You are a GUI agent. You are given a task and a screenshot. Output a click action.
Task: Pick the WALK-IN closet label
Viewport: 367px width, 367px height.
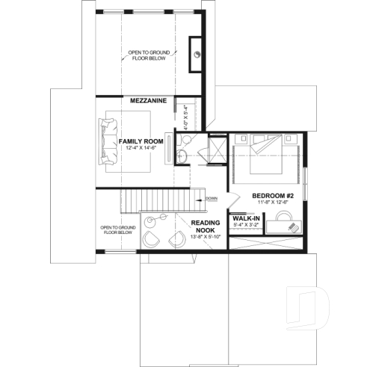pyautogui.click(x=246, y=218)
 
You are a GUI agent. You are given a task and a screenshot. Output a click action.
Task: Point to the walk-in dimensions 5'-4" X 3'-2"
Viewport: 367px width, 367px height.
pyautogui.click(x=246, y=225)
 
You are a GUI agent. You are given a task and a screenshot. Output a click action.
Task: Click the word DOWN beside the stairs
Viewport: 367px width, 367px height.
pyautogui.click(x=212, y=198)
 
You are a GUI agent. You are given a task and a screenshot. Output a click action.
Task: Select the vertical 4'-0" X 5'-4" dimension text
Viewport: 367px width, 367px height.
pyautogui.click(x=178, y=117)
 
